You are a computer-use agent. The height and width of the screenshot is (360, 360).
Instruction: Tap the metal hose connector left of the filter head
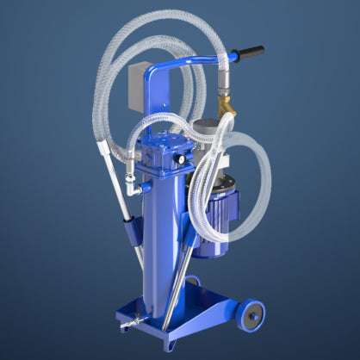(x=129, y=181)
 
